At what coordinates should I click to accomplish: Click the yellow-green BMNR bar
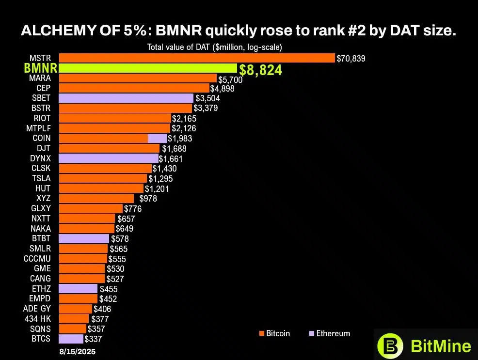pyautogui.click(x=148, y=68)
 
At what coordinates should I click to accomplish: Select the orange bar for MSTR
pyautogui.click(x=196, y=58)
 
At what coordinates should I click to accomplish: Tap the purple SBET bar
pyautogui.click(x=126, y=98)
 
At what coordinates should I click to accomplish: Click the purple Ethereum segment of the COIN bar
pyautogui.click(x=157, y=138)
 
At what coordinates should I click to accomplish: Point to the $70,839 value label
pyautogui.click(x=351, y=59)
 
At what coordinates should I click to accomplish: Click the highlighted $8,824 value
pyautogui.click(x=260, y=70)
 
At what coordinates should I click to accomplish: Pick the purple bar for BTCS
pyautogui.click(x=71, y=339)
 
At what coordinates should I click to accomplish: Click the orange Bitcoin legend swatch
pyautogui.click(x=262, y=333)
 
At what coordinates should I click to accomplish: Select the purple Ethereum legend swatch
pyautogui.click(x=311, y=333)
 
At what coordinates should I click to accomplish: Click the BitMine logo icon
pyautogui.click(x=390, y=345)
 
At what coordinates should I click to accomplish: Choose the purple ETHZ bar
pyautogui.click(x=78, y=289)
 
